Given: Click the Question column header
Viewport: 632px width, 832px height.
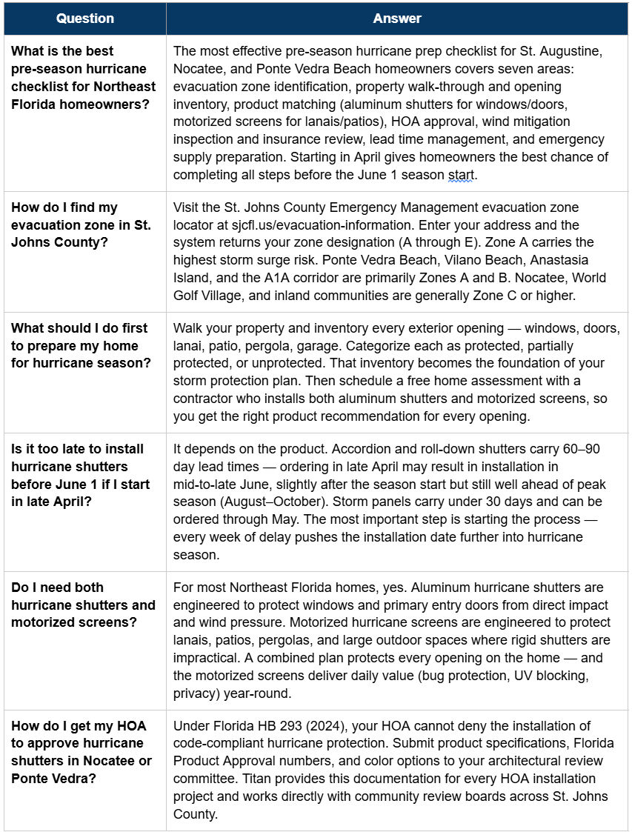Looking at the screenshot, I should click(x=85, y=18).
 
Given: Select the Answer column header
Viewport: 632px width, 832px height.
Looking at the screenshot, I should click(x=397, y=18).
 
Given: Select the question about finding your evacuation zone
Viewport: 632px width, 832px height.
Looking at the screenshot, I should click(x=81, y=225).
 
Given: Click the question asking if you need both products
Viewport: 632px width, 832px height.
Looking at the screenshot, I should click(x=83, y=605).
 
